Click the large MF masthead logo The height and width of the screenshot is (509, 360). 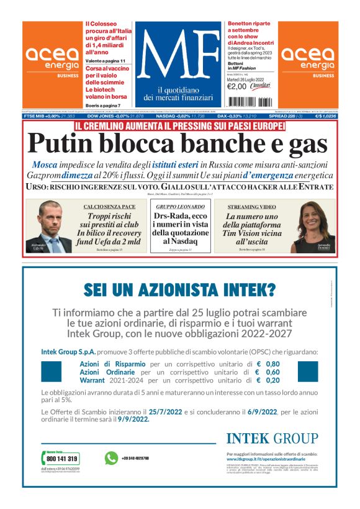[179, 53]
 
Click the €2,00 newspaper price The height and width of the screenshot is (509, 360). [237, 86]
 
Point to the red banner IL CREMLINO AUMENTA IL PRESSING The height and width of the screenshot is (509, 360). [179, 126]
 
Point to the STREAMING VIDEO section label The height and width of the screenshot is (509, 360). [251, 206]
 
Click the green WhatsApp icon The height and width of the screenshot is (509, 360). [111, 458]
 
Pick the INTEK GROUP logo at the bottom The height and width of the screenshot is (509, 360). [272, 439]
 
